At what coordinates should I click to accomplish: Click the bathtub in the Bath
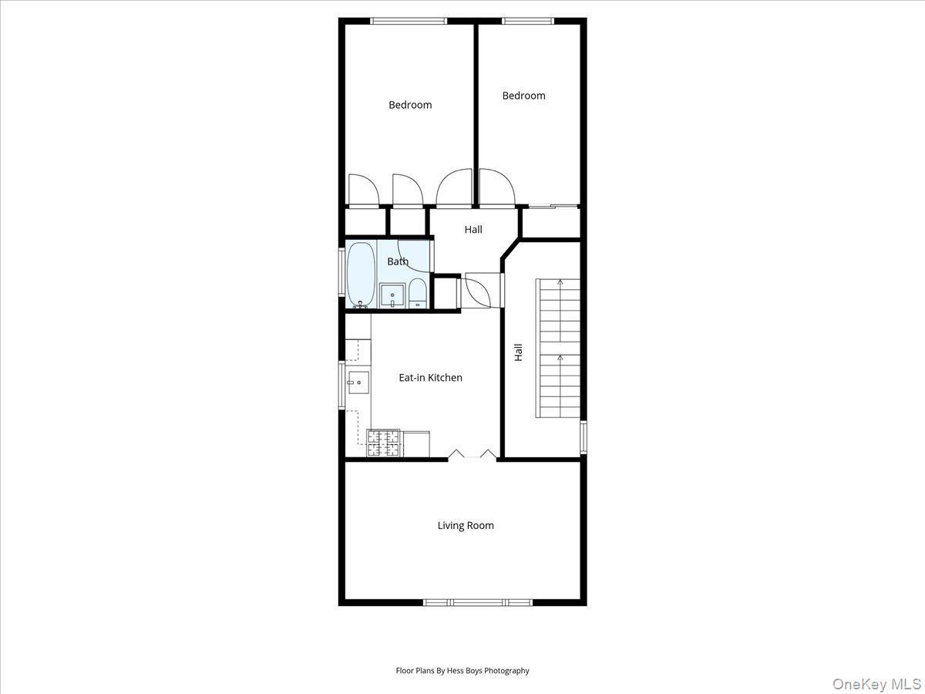tap(361, 275)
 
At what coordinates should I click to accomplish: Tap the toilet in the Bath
tap(418, 294)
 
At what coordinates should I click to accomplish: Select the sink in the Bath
tap(392, 295)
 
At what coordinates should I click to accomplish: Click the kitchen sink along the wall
tap(358, 382)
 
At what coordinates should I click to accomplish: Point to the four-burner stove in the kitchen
tap(384, 443)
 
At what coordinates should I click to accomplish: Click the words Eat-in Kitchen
tap(430, 378)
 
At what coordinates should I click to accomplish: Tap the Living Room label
tap(466, 526)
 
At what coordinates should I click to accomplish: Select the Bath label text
tap(398, 261)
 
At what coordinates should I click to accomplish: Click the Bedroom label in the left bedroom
tap(410, 105)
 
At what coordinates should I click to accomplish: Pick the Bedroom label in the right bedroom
tap(523, 96)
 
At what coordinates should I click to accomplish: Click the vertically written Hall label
tap(519, 352)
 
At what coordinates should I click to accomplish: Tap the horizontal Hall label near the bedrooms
tap(473, 230)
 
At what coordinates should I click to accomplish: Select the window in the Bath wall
tap(342, 271)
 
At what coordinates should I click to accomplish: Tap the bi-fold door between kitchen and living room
tap(473, 456)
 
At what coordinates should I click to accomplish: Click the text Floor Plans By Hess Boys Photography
tap(462, 671)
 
